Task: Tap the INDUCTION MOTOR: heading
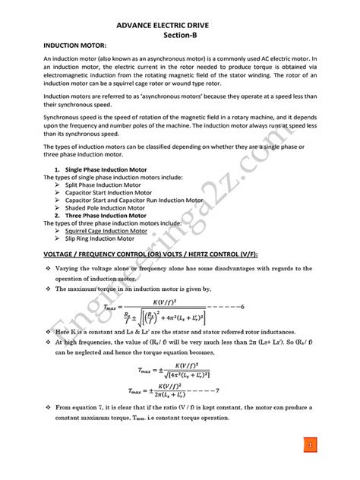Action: point(73,47)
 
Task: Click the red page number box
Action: point(311,442)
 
